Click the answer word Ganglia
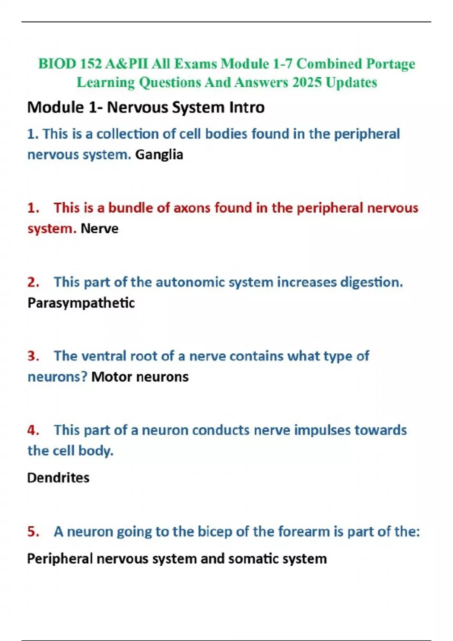point(159,155)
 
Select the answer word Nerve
point(99,228)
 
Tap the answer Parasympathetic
point(81,303)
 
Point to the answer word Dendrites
point(58,478)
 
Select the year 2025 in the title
point(307,82)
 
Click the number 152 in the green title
point(91,64)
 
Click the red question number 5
point(33,532)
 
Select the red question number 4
point(33,430)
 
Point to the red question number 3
point(33,356)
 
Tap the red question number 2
point(33,282)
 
